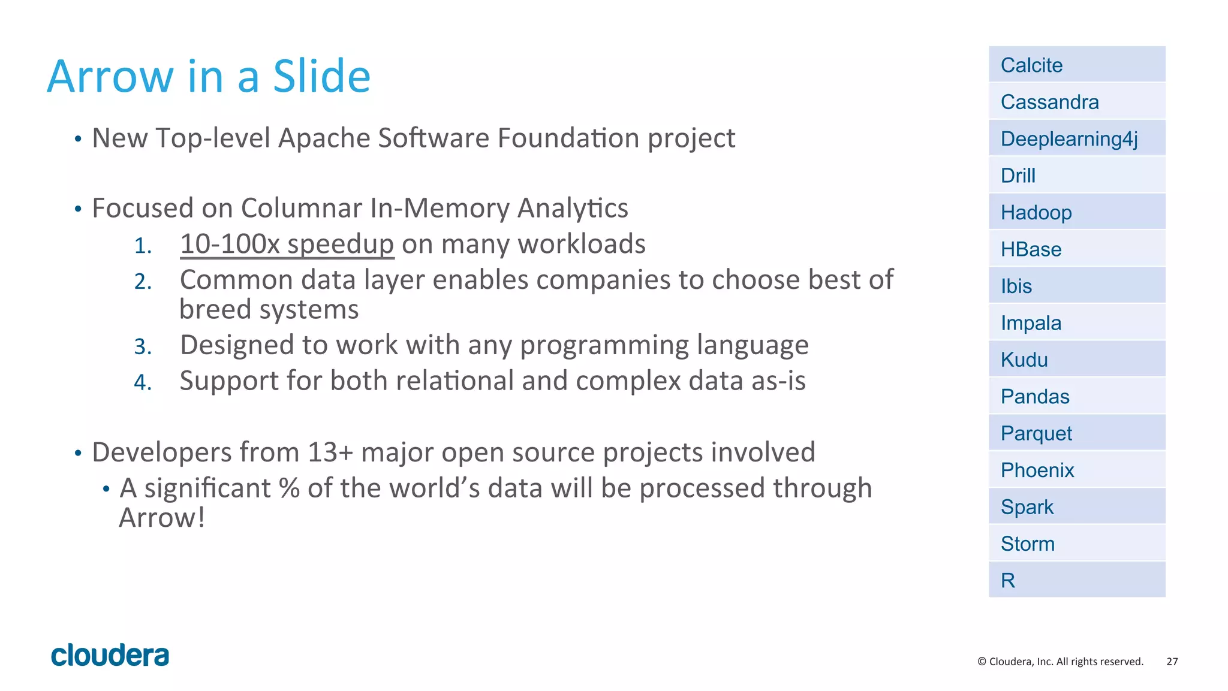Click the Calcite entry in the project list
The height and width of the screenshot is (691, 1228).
(1031, 65)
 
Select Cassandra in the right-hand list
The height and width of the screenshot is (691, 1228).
(1049, 102)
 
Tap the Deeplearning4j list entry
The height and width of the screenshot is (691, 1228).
(1069, 139)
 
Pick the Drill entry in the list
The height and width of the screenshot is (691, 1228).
(1018, 176)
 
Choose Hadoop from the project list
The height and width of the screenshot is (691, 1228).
(1036, 213)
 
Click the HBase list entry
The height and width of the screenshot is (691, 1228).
(1031, 249)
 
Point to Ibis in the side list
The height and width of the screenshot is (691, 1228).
(1016, 286)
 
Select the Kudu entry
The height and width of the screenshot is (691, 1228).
(1024, 360)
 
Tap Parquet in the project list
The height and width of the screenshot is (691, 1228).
(1036, 433)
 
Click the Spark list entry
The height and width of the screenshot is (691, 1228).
(1027, 507)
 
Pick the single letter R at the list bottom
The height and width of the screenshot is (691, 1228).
(1008, 580)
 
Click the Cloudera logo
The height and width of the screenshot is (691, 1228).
(110, 656)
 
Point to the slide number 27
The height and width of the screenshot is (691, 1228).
(1172, 662)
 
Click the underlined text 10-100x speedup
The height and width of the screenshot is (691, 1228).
(287, 245)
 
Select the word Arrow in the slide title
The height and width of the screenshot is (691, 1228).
(110, 77)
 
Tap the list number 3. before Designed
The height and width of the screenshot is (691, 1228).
(143, 346)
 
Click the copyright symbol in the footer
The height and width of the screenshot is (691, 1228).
(982, 662)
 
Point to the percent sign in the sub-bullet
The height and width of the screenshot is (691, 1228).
(289, 488)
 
